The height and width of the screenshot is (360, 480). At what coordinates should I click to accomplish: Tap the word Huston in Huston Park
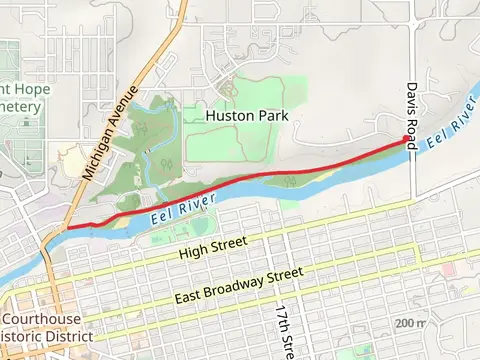228,116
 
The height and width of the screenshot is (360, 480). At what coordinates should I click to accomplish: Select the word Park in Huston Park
272,116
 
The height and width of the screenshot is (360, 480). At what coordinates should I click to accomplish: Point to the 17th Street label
283,330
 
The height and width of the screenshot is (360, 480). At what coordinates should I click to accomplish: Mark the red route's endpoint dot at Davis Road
407,139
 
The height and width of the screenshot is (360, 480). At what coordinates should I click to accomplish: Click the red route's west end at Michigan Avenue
68,228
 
